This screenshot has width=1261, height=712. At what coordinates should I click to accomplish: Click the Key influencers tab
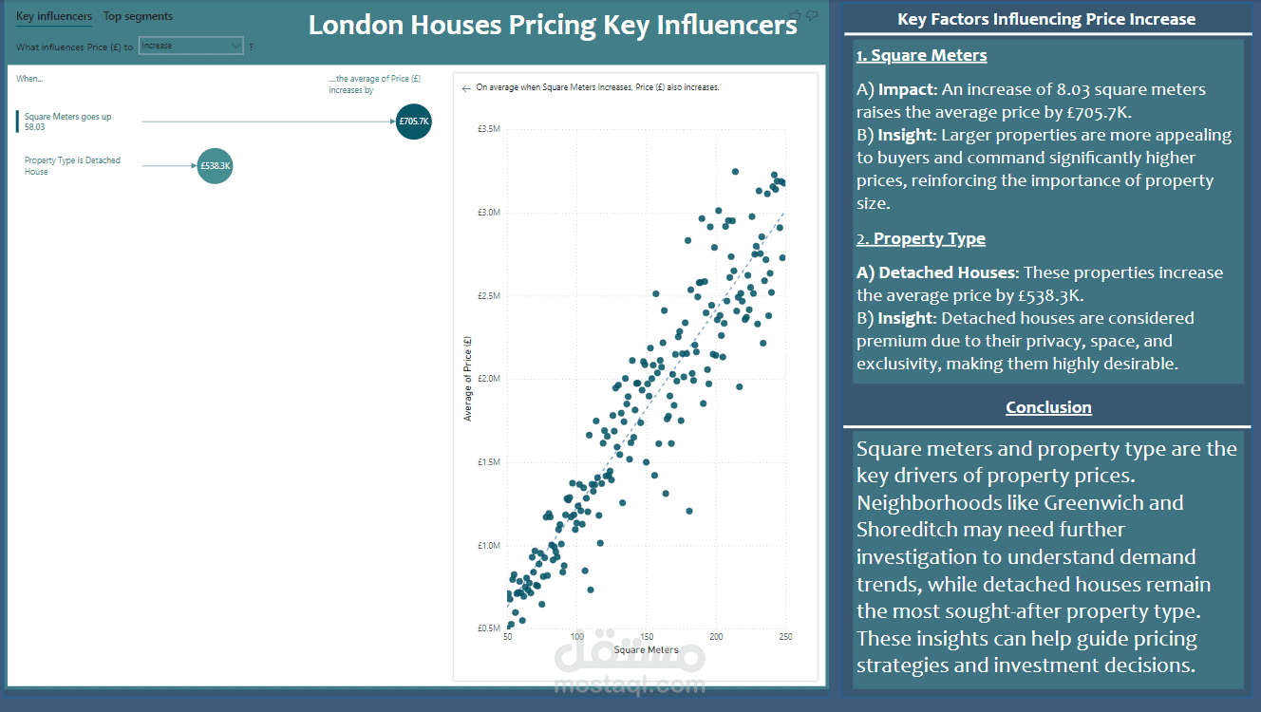pos(54,16)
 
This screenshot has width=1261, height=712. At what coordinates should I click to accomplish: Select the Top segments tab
pos(138,16)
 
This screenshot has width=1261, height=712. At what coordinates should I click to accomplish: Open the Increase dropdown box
pos(191,46)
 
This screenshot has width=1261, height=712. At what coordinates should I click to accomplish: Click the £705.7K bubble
pos(414,122)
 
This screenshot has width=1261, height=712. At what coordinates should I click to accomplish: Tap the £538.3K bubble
pos(216,166)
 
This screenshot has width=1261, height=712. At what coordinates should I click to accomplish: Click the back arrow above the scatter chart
pos(466,87)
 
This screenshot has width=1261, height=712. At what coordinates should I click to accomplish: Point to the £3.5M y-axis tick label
pos(488,129)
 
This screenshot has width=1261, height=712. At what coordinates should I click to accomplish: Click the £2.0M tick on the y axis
pos(488,379)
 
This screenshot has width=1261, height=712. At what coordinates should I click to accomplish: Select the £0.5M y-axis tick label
pos(488,628)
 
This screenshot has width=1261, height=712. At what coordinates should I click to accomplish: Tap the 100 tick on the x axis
pos(577,637)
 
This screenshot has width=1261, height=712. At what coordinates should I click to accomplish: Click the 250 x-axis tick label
pos(785,637)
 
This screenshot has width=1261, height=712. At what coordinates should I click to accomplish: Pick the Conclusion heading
pos(1048,407)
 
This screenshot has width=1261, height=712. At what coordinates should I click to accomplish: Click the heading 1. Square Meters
pos(921,55)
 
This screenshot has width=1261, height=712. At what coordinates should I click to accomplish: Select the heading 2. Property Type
pos(920,238)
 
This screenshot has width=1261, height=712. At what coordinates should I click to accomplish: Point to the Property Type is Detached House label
pos(72,166)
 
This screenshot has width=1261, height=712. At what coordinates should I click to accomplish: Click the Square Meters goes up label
pos(67,117)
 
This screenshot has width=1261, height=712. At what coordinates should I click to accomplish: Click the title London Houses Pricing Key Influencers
pos(553,26)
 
